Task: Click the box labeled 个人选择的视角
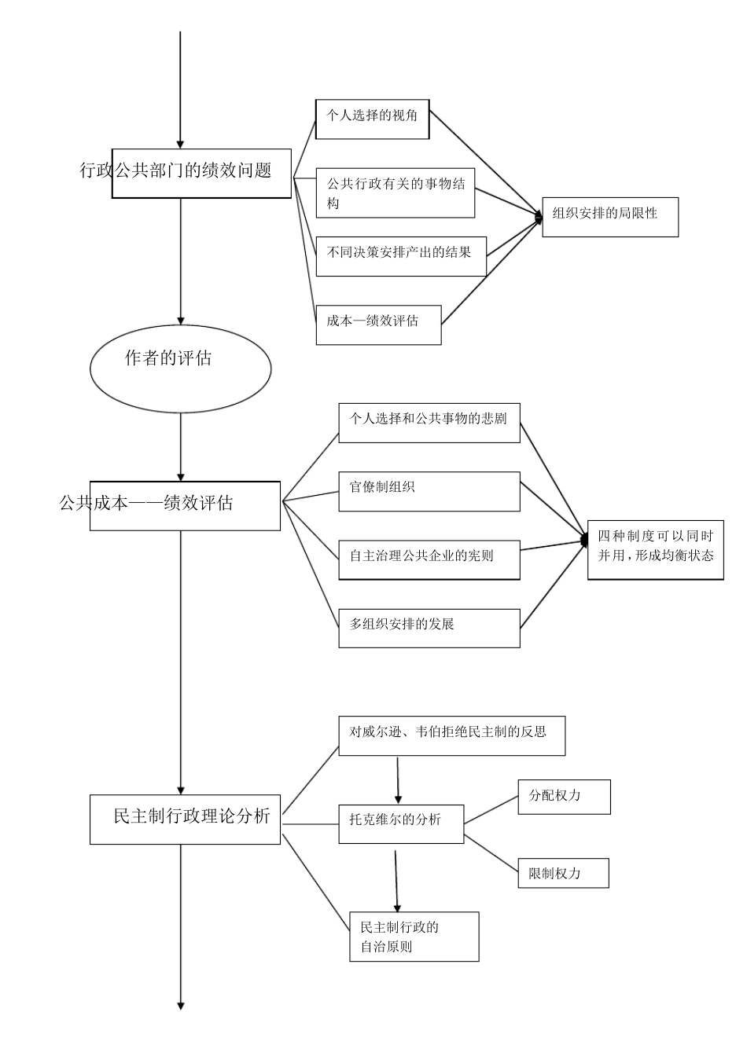(372, 119)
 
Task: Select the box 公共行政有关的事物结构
(396, 192)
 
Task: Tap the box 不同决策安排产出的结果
(401, 255)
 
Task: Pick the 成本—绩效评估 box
(378, 324)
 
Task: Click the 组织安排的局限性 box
(610, 217)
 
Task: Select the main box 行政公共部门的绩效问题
(201, 173)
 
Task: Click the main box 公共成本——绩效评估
(185, 506)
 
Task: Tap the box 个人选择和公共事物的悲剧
(429, 422)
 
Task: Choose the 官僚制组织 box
(429, 491)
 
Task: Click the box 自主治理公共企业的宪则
(429, 559)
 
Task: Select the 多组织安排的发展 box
(429, 628)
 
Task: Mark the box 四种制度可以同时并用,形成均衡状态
(655, 550)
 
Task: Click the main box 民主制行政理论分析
(185, 819)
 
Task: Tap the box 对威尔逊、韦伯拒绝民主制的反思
(451, 735)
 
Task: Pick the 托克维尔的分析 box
(401, 823)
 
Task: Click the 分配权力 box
(564, 797)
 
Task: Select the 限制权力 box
(563, 873)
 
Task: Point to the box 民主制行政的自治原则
(414, 936)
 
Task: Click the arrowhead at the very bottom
(181, 1005)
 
